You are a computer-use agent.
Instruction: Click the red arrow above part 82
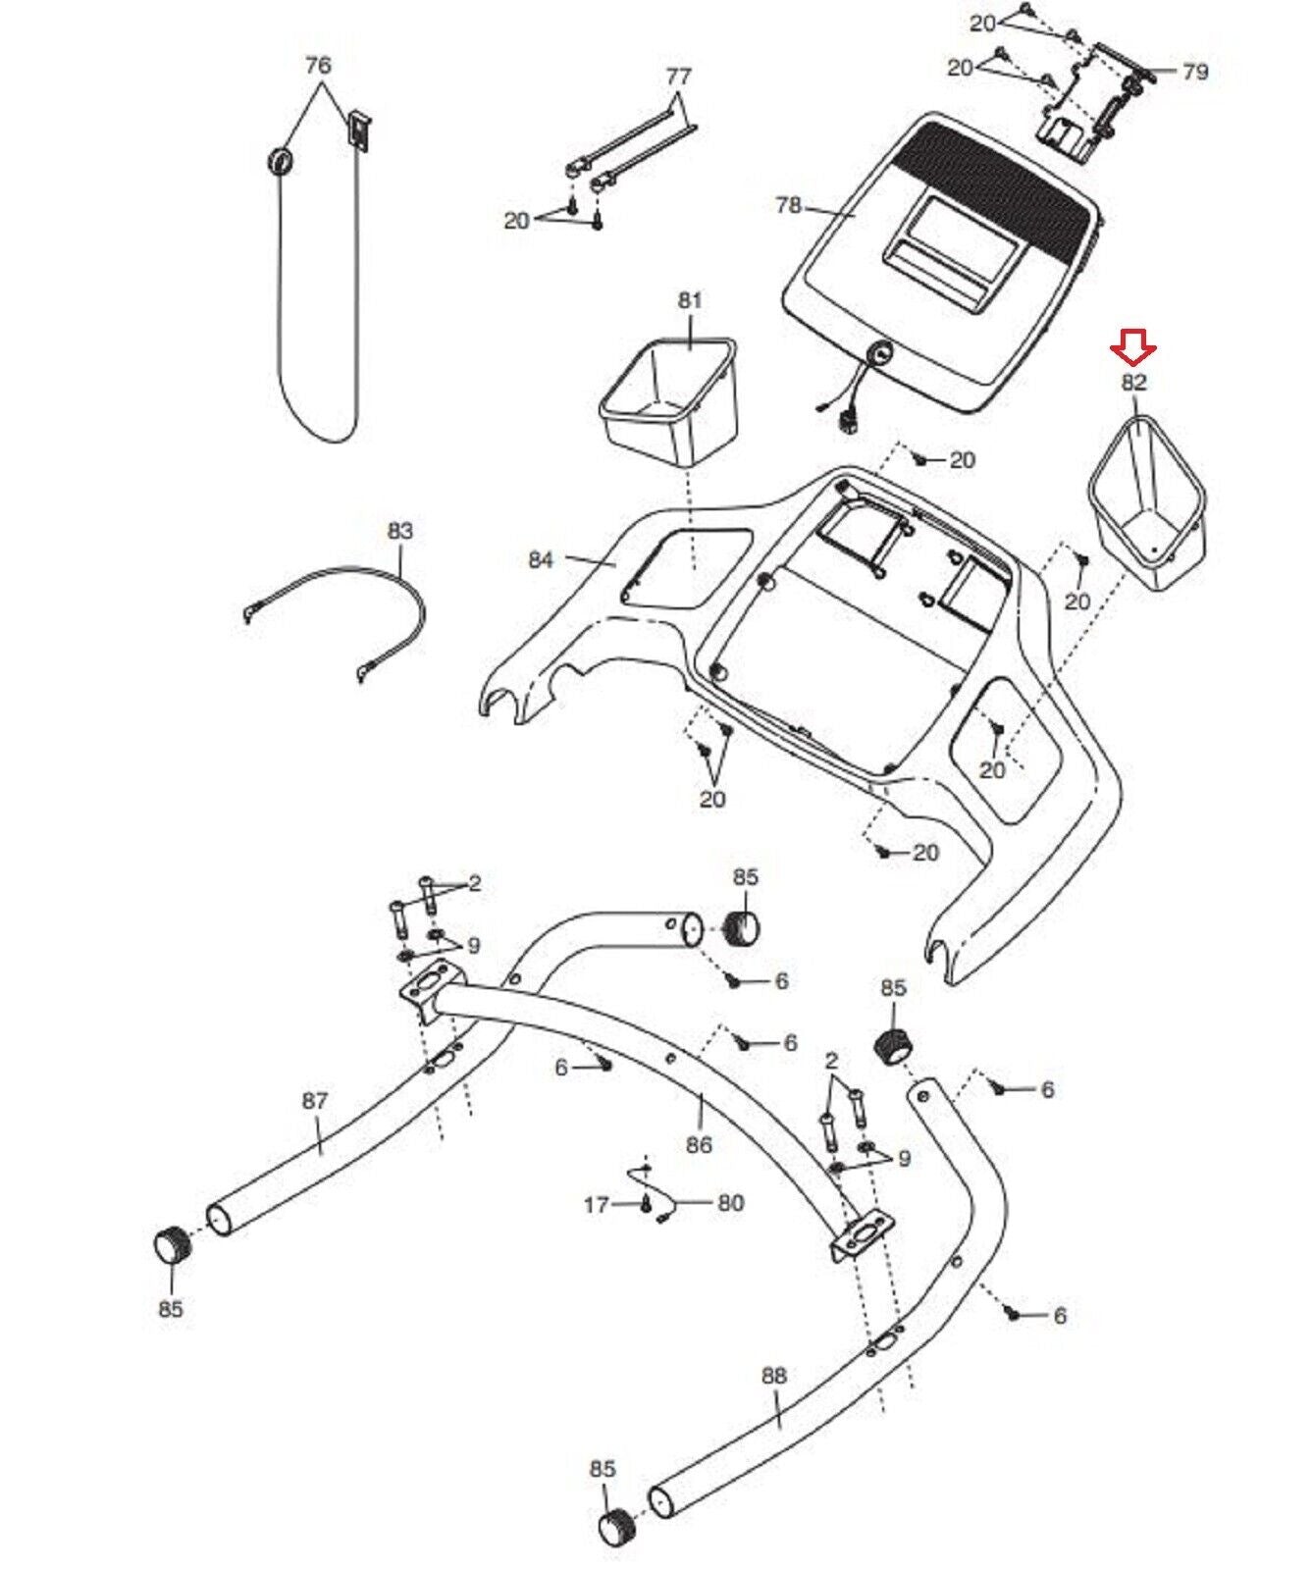pos(1133,347)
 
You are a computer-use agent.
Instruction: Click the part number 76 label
pos(318,65)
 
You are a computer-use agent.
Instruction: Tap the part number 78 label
pos(788,206)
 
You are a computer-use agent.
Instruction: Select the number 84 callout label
pos(541,559)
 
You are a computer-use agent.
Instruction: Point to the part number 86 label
pos(699,1144)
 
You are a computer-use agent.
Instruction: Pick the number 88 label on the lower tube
pos(774,1376)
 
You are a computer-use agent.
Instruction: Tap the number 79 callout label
pos(1194,72)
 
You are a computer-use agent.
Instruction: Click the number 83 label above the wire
pos(400,531)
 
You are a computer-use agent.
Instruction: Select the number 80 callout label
pos(731,1203)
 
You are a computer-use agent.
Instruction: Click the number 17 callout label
pos(597,1203)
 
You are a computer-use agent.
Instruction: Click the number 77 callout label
pos(678,76)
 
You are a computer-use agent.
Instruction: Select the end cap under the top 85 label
pos(744,926)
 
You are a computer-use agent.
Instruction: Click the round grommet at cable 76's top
pos(282,159)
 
